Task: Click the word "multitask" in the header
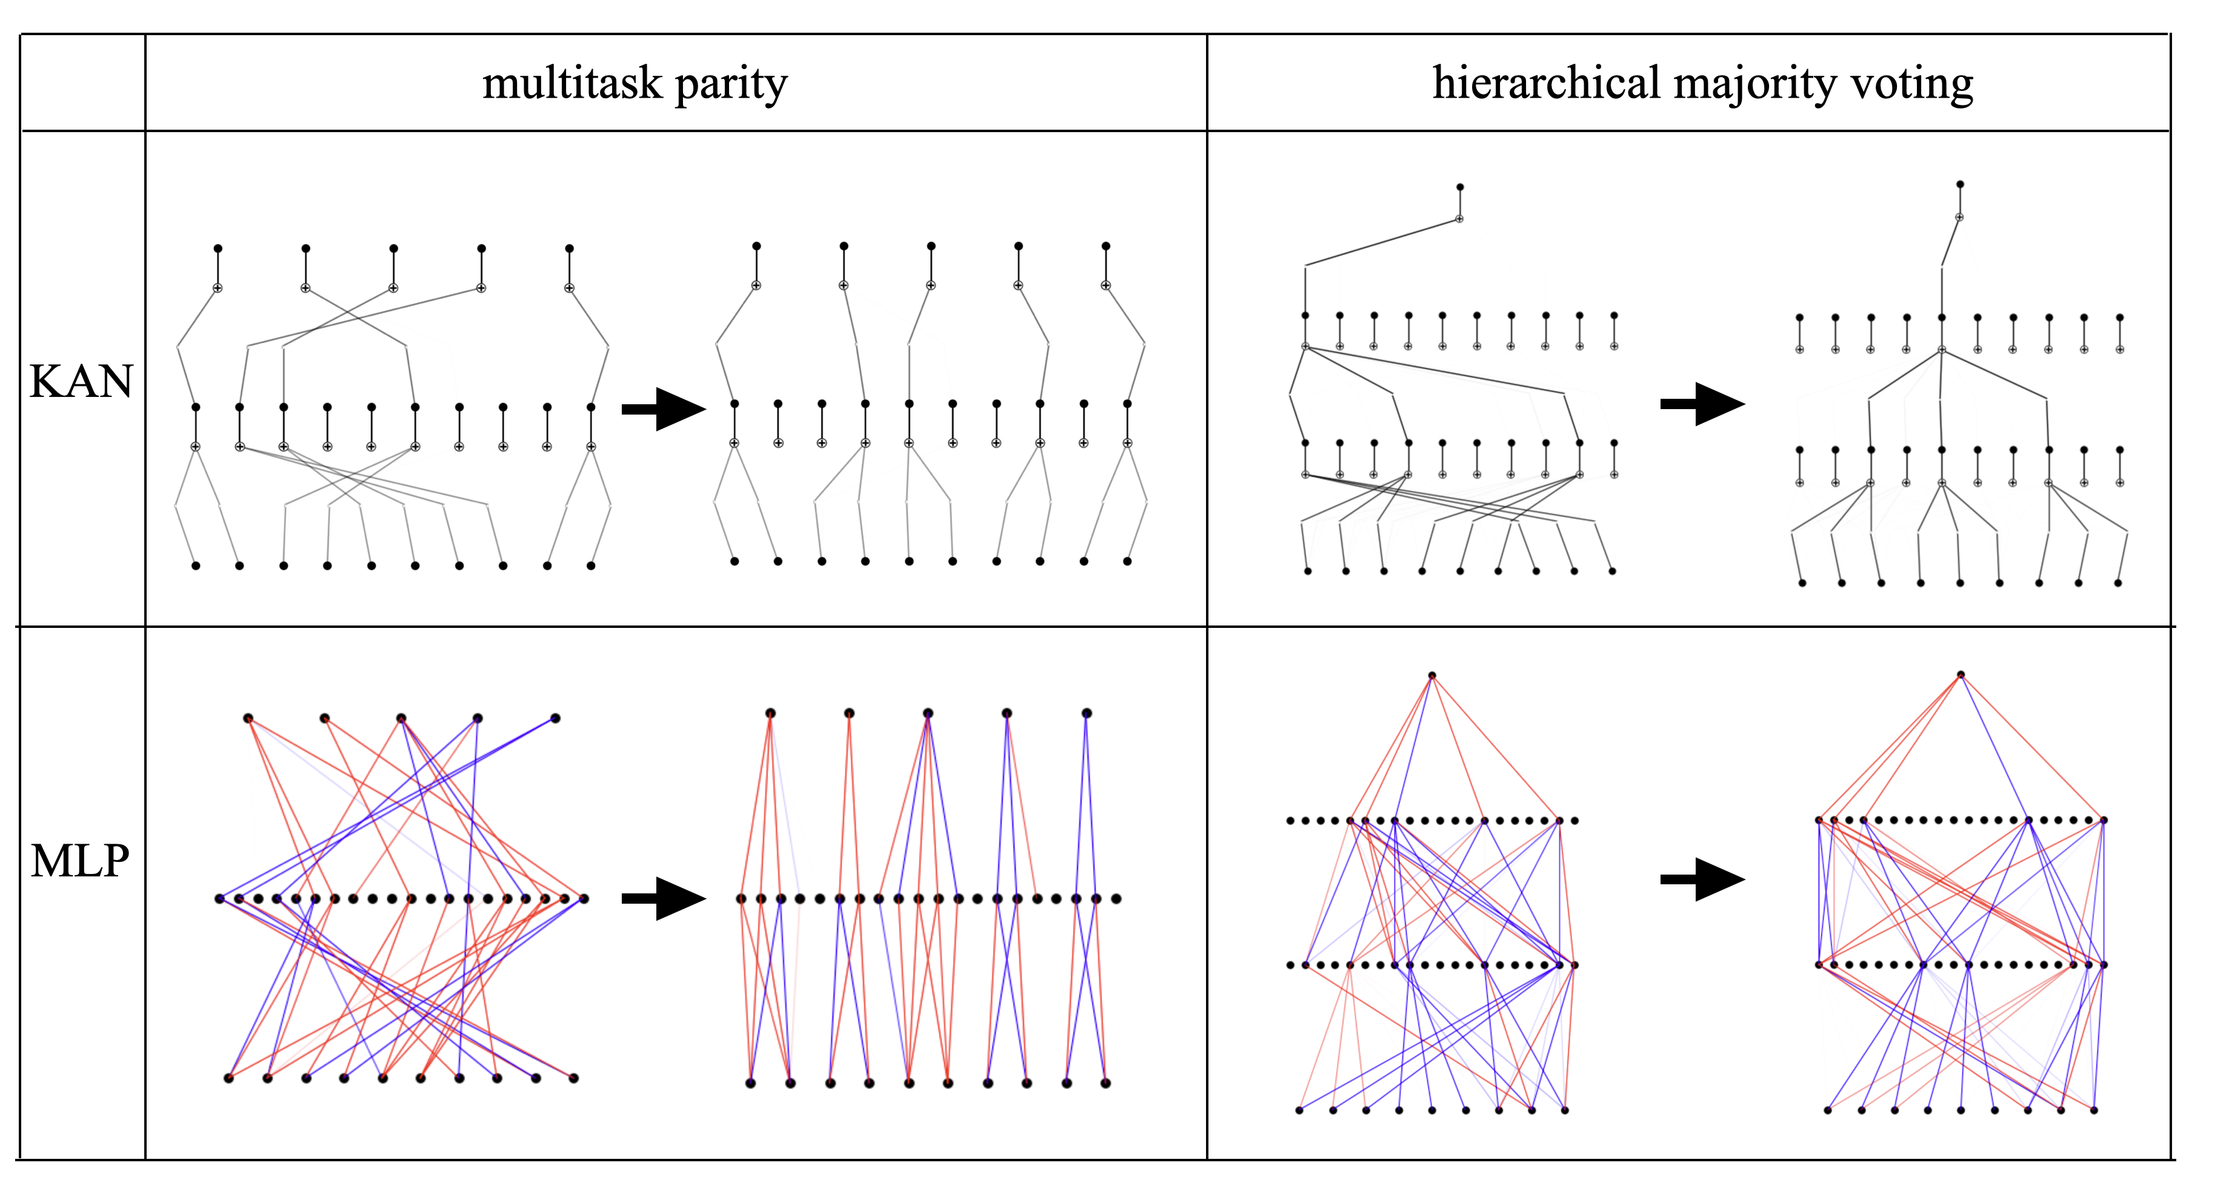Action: (572, 84)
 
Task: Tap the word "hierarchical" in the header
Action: (1545, 84)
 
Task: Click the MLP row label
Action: (81, 861)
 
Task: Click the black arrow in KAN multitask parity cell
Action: (664, 409)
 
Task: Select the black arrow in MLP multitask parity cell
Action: (664, 898)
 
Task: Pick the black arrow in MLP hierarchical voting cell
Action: (1702, 879)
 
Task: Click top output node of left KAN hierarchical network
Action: (1460, 187)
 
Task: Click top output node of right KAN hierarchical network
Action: (1960, 184)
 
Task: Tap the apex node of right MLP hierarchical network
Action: (1961, 675)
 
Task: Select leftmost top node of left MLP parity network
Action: (248, 718)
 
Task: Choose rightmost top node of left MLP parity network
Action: (556, 718)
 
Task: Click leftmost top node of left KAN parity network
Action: (218, 248)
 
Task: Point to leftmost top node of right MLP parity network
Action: (770, 713)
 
